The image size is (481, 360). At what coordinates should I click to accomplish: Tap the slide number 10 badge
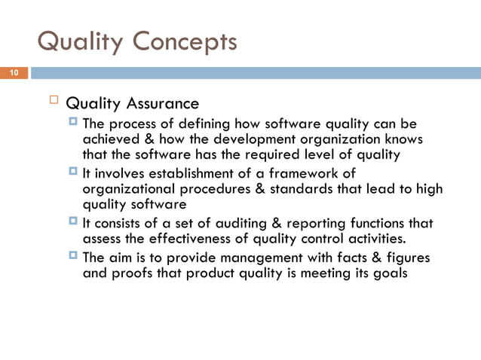click(13, 73)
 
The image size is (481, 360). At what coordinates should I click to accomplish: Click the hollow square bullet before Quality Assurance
click(54, 102)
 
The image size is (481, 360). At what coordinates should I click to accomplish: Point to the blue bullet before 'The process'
click(74, 123)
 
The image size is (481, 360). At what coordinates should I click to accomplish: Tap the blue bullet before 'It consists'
click(74, 223)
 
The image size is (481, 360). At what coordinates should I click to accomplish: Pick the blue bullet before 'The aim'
click(74, 258)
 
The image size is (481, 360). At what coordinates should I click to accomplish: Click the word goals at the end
click(391, 275)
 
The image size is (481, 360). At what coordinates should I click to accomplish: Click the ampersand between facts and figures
click(380, 258)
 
